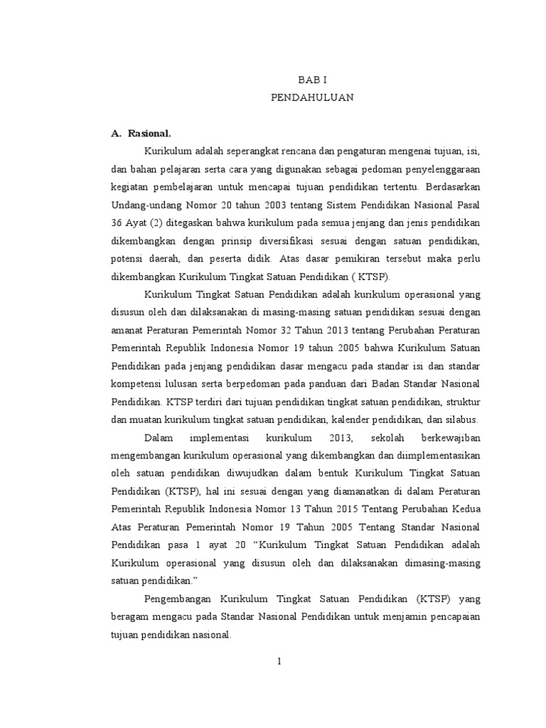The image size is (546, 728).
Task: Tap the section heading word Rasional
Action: (x=150, y=133)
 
